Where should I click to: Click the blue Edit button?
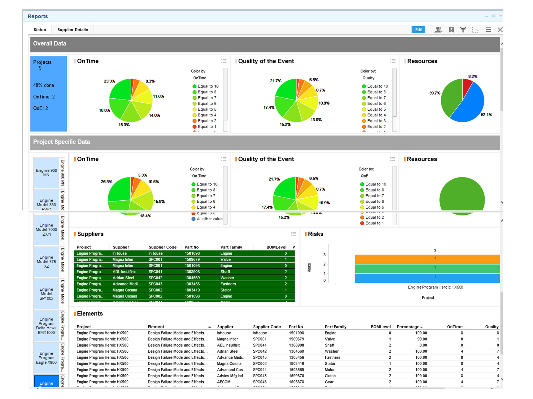(x=418, y=30)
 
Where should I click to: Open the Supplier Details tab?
(x=72, y=30)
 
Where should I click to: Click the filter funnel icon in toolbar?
(x=463, y=30)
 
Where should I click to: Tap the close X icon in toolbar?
(x=500, y=30)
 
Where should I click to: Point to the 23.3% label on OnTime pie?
(x=109, y=81)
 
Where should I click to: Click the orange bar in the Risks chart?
(x=427, y=259)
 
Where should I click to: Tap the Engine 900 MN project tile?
(x=46, y=173)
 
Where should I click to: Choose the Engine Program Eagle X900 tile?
(x=46, y=358)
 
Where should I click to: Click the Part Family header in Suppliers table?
(x=231, y=247)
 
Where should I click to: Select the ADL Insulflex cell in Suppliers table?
(x=124, y=272)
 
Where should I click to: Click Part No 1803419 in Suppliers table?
(x=192, y=290)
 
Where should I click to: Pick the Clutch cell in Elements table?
(x=330, y=376)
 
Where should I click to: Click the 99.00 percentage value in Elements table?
(x=421, y=339)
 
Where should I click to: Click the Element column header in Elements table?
(x=156, y=327)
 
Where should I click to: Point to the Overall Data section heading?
(x=50, y=44)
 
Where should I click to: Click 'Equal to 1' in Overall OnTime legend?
(x=206, y=127)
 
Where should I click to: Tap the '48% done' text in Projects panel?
(x=44, y=85)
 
